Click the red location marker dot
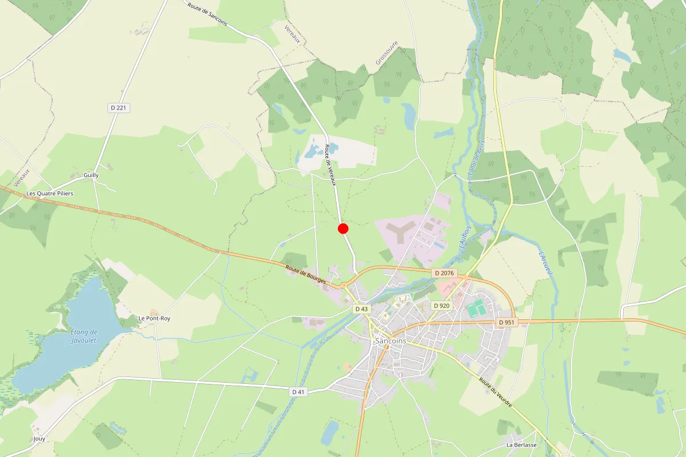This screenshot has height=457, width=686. (x=343, y=228)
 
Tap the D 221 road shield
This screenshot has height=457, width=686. (x=118, y=107)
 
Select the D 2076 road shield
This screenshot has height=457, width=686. (x=444, y=273)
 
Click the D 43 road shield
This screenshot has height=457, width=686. (x=361, y=309)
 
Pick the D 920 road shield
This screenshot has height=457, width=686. (x=442, y=306)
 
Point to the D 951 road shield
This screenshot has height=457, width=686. (x=506, y=322)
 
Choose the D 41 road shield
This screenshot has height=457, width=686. (x=298, y=392)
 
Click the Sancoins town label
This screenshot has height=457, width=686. (x=391, y=341)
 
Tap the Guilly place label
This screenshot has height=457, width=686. (x=91, y=175)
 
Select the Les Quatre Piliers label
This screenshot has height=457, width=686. (x=50, y=194)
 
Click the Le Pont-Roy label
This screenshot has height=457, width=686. (x=154, y=318)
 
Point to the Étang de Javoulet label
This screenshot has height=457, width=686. (x=84, y=336)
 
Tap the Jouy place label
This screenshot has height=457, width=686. (x=39, y=439)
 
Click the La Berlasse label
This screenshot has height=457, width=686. (x=521, y=444)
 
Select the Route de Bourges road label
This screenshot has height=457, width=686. (x=306, y=275)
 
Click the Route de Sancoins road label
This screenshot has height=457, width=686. (x=207, y=15)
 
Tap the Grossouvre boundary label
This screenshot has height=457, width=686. (x=386, y=53)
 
